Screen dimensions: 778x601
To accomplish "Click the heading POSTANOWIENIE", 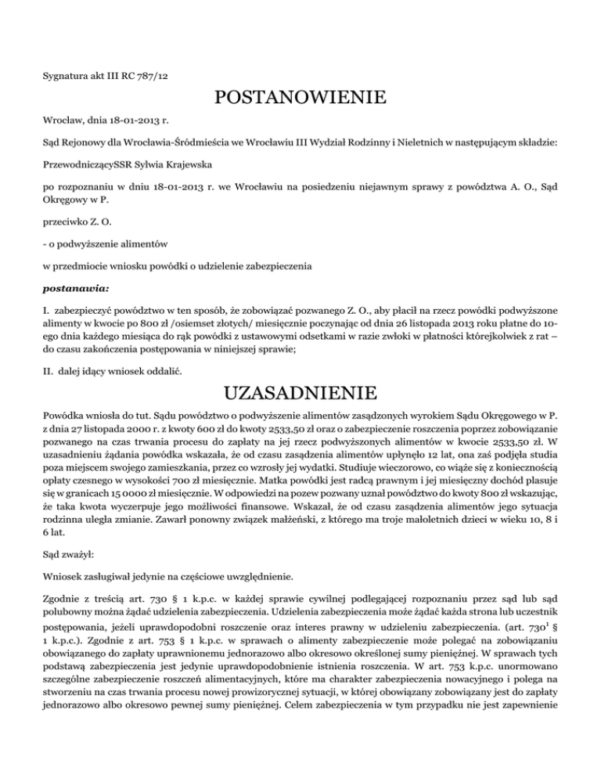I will (x=300, y=99).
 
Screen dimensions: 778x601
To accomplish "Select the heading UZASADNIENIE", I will (x=300, y=391).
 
